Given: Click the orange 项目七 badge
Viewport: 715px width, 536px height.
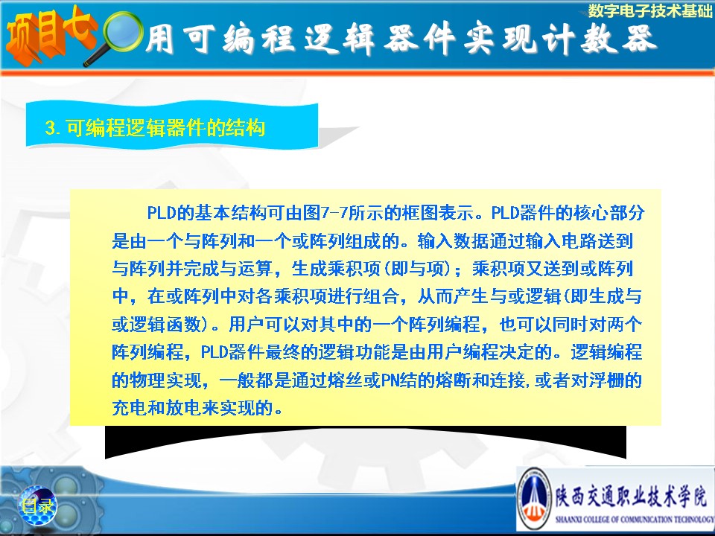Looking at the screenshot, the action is pyautogui.click(x=49, y=36).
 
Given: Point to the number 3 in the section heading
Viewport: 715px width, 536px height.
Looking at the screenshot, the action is pyautogui.click(x=51, y=127).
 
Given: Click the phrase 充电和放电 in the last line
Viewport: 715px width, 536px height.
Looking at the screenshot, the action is pyautogui.click(x=156, y=408).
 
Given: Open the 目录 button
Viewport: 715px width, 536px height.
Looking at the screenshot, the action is pyautogui.click(x=37, y=505).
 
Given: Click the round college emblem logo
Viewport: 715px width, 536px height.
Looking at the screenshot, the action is pyautogui.click(x=535, y=499).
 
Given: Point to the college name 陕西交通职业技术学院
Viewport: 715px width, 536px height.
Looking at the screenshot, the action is pyautogui.click(x=632, y=496).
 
